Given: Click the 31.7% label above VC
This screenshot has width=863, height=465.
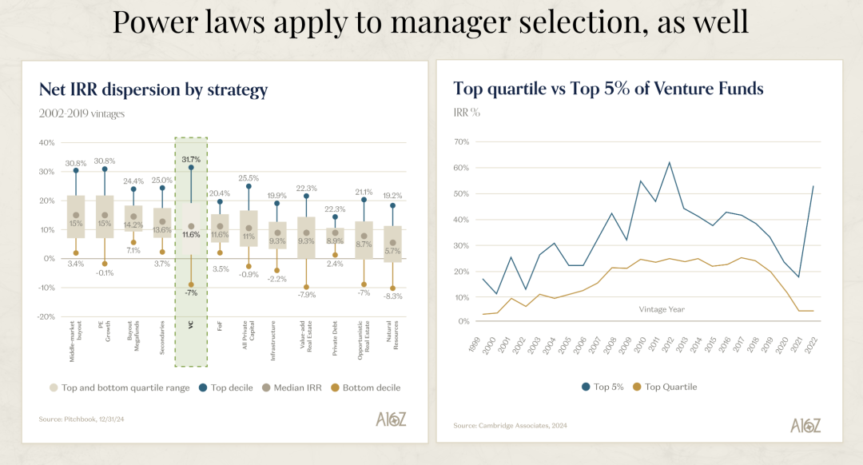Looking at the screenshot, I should [x=191, y=160].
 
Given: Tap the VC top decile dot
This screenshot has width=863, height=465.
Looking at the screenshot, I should [x=191, y=168].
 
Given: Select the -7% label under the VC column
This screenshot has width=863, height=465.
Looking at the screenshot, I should [x=191, y=293].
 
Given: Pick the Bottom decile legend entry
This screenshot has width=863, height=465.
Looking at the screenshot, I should [x=366, y=387].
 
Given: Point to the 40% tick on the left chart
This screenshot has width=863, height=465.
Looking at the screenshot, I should [x=46, y=142].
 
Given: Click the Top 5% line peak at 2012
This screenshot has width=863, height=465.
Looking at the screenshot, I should [x=669, y=162].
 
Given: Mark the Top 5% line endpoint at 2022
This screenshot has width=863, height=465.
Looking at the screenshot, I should [x=813, y=186].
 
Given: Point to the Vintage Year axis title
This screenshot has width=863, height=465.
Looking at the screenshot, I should [x=662, y=309].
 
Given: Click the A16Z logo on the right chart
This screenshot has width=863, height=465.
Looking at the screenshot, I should [x=805, y=425].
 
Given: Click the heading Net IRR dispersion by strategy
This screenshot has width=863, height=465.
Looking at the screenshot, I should [x=153, y=89].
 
